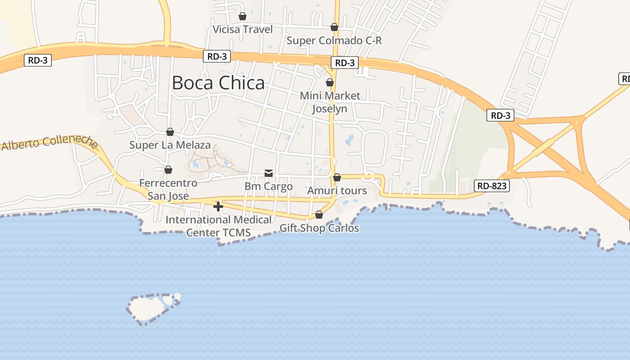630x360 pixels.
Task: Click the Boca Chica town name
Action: click(218, 83)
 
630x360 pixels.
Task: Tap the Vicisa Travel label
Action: click(243, 30)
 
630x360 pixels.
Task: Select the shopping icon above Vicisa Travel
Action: click(243, 17)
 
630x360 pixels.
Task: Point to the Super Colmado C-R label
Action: click(334, 40)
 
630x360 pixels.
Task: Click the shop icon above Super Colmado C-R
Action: click(334, 27)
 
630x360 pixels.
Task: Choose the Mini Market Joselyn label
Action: click(330, 102)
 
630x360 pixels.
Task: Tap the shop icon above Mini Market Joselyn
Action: click(330, 82)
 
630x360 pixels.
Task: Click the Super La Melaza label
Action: click(170, 145)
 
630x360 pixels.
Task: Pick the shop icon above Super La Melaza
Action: click(170, 132)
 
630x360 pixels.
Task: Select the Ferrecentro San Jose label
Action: click(168, 189)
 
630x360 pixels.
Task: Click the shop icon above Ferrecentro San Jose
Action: click(168, 170)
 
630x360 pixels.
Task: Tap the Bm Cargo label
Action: click(268, 186)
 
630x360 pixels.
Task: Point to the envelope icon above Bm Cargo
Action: click(269, 173)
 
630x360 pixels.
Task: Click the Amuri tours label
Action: click(337, 191)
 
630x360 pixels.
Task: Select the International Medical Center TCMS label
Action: click(218, 226)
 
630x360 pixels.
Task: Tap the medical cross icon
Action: click(218, 207)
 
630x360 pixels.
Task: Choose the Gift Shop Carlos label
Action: click(319, 228)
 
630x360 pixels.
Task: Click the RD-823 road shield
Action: click(491, 185)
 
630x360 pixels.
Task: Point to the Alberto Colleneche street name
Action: click(49, 143)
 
